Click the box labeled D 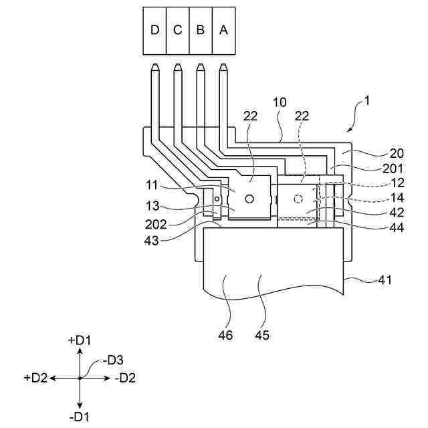click(x=154, y=31)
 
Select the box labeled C click(x=178, y=31)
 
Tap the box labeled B click(x=201, y=31)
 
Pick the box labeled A click(x=223, y=31)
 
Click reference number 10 click(x=280, y=102)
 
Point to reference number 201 click(x=393, y=169)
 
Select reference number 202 click(x=156, y=225)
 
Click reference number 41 click(x=385, y=280)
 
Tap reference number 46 click(x=225, y=335)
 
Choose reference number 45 click(x=262, y=335)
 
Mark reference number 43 click(x=152, y=241)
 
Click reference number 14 click(x=397, y=198)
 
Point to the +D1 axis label click(x=80, y=340)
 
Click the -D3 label click(x=113, y=360)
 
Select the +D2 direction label click(x=35, y=378)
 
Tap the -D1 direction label click(x=79, y=417)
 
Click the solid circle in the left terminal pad click(x=249, y=199)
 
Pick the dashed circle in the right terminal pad click(x=298, y=199)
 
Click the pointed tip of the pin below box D click(x=154, y=64)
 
